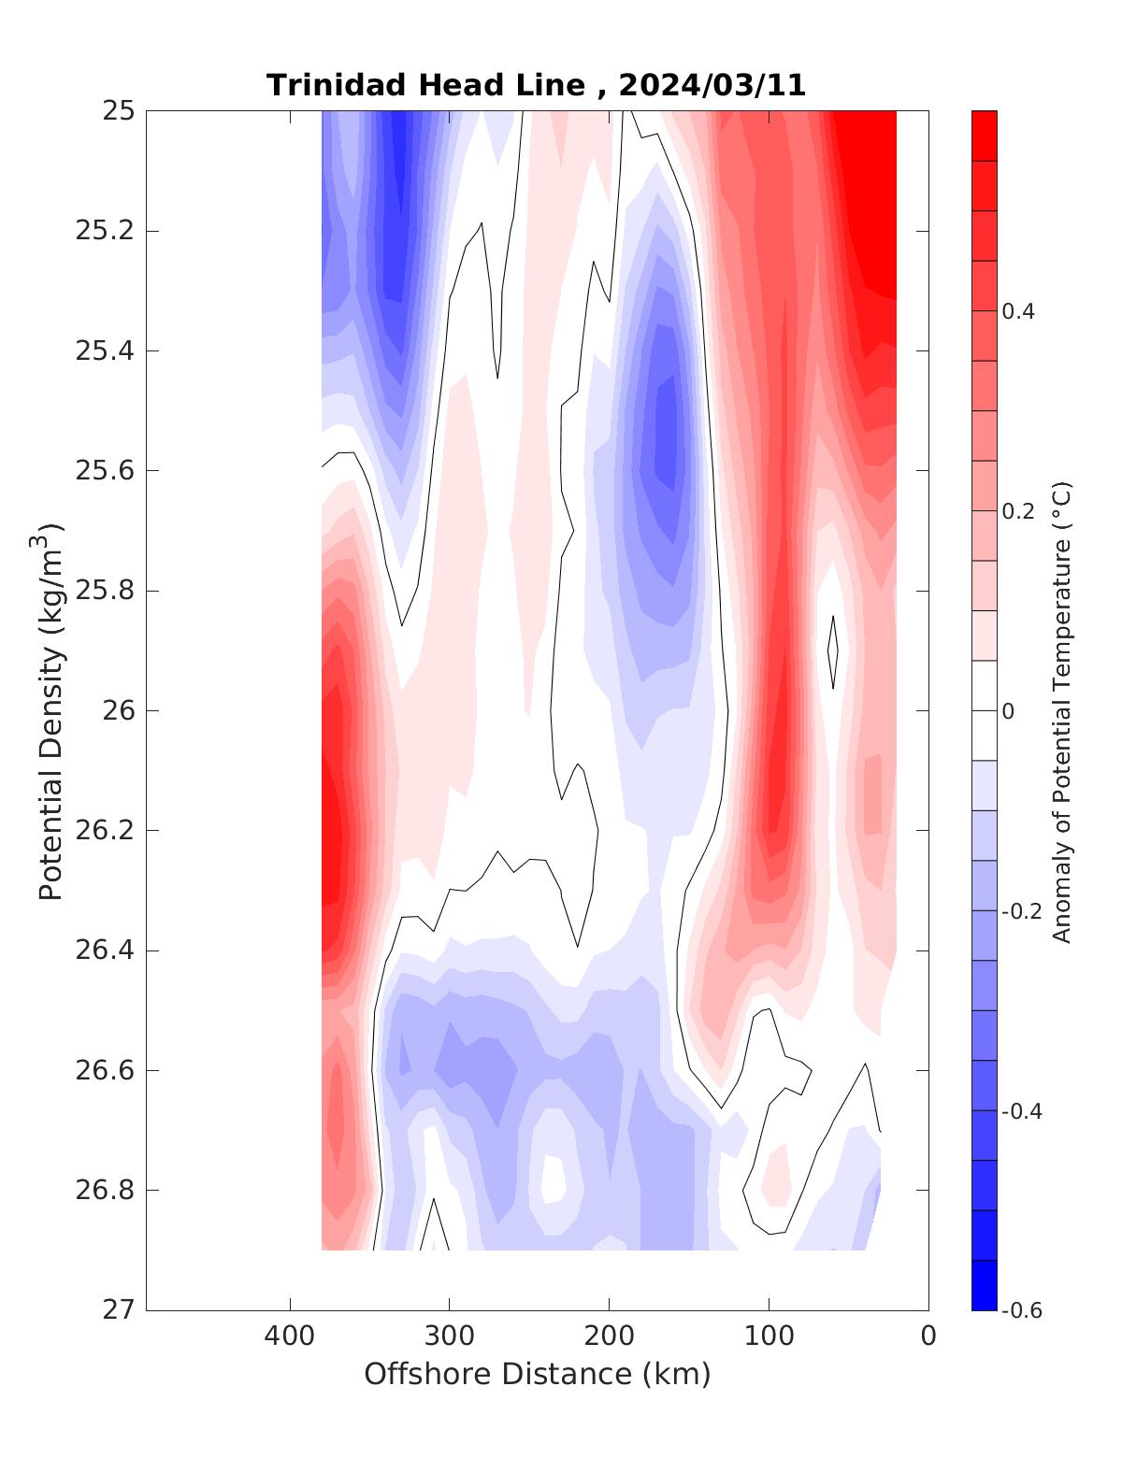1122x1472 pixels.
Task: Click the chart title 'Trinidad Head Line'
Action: [424, 85]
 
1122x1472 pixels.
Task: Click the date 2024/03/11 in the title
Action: [712, 85]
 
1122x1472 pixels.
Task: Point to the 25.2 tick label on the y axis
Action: [104, 231]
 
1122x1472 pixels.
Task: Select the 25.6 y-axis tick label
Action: [104, 471]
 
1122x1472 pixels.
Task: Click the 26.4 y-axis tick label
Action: [104, 951]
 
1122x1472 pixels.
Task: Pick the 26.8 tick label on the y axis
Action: [104, 1191]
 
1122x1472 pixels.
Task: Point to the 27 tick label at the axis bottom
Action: [117, 1310]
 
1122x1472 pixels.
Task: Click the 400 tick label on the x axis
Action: [290, 1336]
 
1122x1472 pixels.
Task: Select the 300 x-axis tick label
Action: [450, 1336]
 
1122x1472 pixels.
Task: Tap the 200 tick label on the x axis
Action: [610, 1336]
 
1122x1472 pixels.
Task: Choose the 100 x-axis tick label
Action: [770, 1336]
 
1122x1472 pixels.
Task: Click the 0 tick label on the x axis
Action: [928, 1336]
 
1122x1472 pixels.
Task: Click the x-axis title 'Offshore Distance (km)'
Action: [538, 1374]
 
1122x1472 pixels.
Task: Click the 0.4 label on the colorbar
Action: [1018, 311]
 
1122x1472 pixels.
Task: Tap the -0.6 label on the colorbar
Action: [1021, 1310]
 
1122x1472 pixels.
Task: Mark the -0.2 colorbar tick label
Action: [1021, 911]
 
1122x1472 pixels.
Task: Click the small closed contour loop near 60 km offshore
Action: [833, 651]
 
